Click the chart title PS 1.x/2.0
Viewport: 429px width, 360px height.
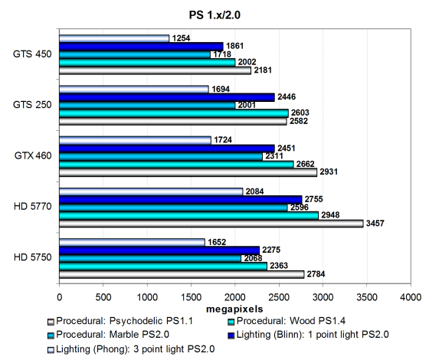[215, 15]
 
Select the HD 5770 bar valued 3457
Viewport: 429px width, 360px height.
[211, 224]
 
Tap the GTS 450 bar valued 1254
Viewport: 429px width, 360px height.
[114, 38]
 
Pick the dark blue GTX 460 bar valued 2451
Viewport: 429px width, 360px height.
[167, 149]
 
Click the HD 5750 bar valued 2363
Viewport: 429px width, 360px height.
[163, 267]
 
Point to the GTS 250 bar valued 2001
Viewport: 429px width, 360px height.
[147, 106]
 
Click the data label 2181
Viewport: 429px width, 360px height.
[263, 70]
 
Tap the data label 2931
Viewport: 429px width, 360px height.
[329, 172]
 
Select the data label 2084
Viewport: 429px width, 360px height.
[254, 191]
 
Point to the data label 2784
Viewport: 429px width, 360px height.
[316, 274]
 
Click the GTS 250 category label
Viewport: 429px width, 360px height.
[32, 105]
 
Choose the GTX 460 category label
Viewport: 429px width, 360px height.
[33, 155]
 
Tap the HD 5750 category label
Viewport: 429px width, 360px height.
[32, 257]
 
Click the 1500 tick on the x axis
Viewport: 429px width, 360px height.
[191, 297]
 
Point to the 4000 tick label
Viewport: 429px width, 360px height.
[411, 297]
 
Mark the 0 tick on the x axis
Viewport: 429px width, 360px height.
[60, 297]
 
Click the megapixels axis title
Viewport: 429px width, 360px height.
[234, 309]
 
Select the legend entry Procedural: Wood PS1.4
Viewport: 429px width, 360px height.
[287, 321]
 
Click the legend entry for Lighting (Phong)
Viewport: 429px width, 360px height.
[131, 349]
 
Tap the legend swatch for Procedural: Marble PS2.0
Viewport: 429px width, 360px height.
[51, 335]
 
